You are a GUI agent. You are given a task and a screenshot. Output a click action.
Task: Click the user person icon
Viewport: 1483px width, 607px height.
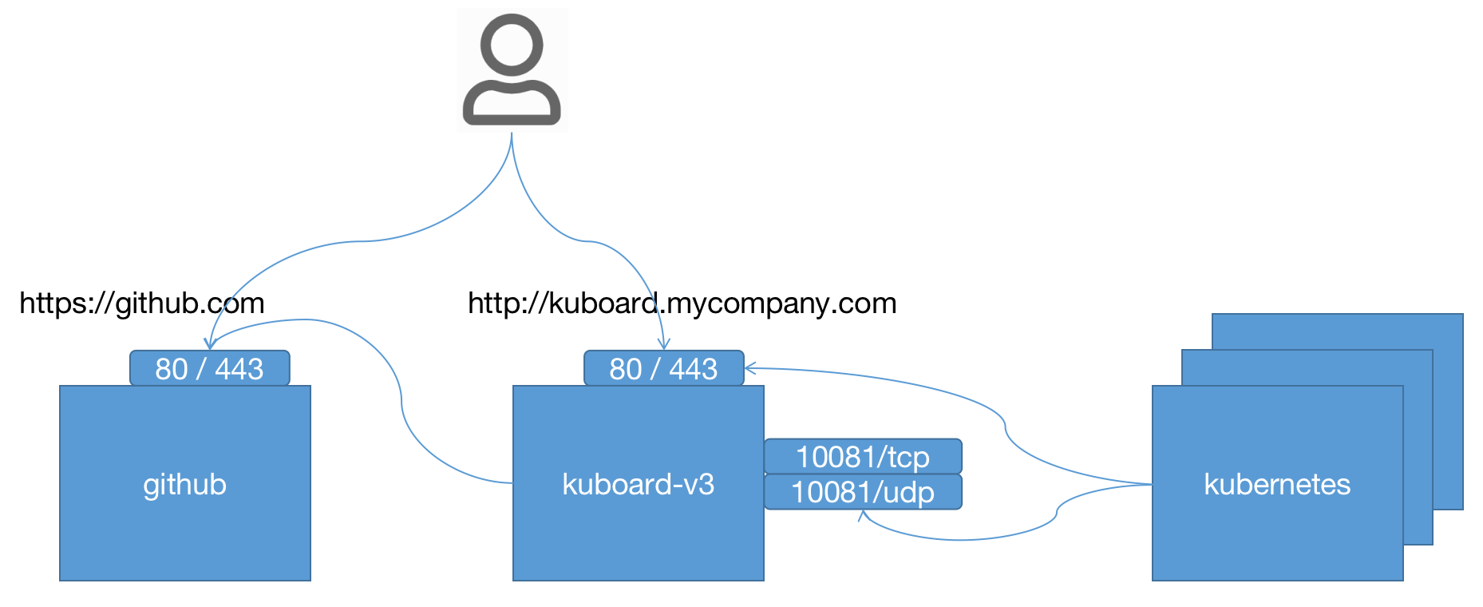(x=512, y=70)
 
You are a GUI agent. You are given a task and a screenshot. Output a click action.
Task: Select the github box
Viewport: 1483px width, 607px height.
(x=185, y=527)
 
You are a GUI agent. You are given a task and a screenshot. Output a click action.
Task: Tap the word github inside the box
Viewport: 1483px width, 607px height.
(x=185, y=485)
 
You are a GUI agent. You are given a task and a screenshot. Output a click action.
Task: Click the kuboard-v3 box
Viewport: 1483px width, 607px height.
(x=638, y=535)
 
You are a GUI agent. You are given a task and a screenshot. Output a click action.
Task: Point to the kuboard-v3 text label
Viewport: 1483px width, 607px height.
(x=638, y=485)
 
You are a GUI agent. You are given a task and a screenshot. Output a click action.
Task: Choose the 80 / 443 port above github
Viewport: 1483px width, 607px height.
(x=209, y=369)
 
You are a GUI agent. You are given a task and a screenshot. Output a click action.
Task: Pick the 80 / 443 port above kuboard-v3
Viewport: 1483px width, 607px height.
(x=663, y=369)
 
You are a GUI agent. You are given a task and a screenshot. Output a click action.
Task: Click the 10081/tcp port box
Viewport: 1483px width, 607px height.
(x=863, y=457)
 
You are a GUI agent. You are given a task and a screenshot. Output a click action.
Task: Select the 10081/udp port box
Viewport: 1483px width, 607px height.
(x=863, y=492)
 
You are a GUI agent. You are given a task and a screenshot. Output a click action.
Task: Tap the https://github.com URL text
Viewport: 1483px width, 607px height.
(x=142, y=303)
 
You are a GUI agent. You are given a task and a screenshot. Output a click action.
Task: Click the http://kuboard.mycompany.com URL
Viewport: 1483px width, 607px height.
(x=682, y=303)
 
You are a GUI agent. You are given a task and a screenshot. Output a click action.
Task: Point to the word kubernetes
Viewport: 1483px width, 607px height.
(x=1277, y=485)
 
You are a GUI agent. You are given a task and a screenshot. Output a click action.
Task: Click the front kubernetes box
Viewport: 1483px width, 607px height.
(x=1277, y=543)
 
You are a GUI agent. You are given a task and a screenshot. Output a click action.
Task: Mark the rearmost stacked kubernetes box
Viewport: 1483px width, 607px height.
(x=1448, y=399)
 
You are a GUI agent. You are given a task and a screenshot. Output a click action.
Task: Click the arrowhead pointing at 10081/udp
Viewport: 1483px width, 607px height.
(x=863, y=515)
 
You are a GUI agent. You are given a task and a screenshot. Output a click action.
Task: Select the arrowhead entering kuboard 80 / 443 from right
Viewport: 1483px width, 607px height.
(x=750, y=368)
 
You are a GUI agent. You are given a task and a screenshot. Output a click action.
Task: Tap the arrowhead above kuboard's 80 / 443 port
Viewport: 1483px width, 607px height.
(x=663, y=344)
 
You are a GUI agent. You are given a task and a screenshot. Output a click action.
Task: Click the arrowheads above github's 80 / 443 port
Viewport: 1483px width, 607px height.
(x=210, y=343)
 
